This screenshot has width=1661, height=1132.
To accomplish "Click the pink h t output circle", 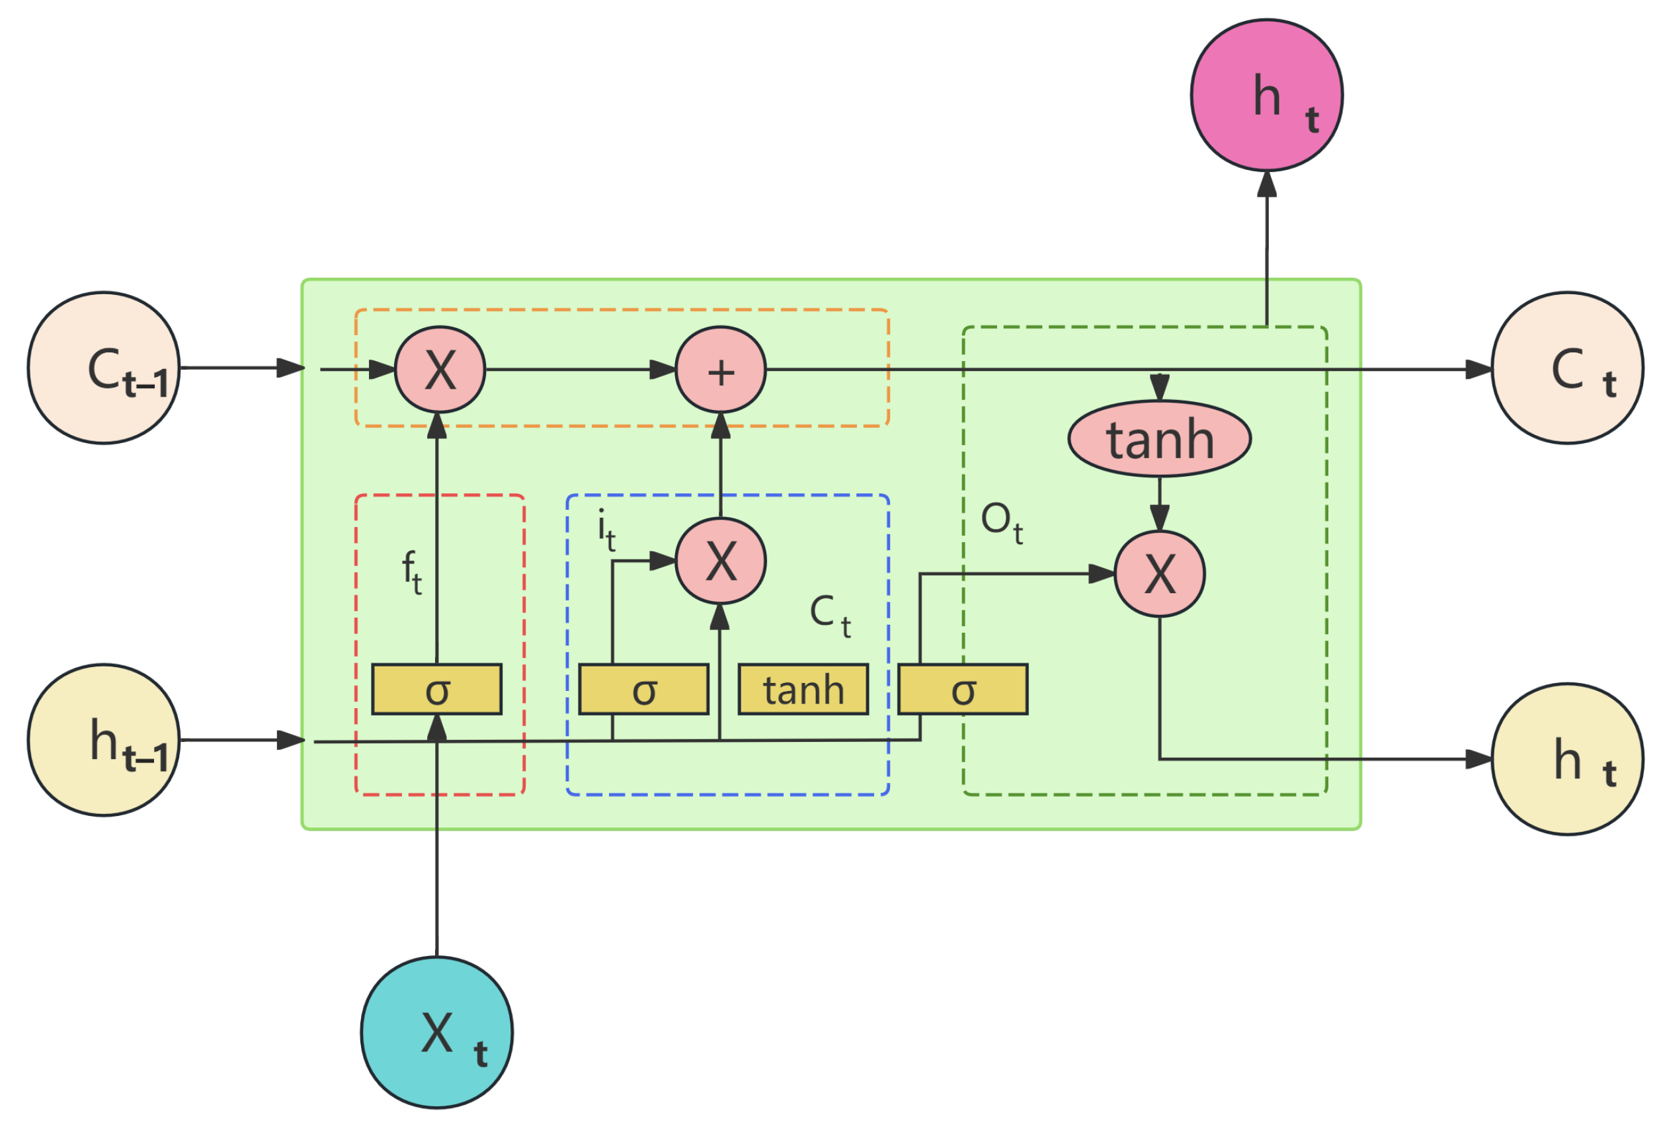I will tap(1266, 95).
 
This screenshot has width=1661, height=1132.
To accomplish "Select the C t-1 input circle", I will tap(104, 368).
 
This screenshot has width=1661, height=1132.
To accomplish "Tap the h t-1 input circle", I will tap(104, 741).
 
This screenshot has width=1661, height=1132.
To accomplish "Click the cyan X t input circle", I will tap(436, 1033).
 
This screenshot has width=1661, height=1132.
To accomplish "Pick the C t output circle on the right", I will tap(1567, 368).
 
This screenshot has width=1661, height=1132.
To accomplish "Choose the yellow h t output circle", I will tap(1567, 759).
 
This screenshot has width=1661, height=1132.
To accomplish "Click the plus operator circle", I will tap(721, 370).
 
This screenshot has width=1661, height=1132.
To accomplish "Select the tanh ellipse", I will tap(1159, 439).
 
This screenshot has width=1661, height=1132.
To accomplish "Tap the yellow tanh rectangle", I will tap(803, 690).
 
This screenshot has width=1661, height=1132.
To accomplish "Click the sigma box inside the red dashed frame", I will tap(436, 690).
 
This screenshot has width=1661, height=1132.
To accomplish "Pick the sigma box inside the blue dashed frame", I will tap(644, 690).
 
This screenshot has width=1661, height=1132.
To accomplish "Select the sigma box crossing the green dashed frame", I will tap(963, 690).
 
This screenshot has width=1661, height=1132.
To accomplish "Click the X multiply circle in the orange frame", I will tap(440, 370).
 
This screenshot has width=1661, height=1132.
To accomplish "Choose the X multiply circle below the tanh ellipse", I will tap(1159, 574).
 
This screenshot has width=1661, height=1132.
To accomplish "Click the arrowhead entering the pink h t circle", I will tap(1266, 184).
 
